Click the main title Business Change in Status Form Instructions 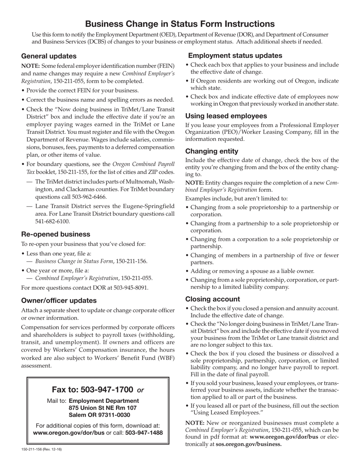[180, 24]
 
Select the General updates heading [49, 56]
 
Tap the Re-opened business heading [55, 234]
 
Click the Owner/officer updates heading [59, 300]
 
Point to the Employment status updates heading [235, 55]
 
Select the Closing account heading [212, 299]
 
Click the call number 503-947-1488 [144, 432]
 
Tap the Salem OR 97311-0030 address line [99, 415]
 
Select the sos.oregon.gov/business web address [249, 444]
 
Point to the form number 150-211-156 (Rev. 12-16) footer [41, 449]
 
